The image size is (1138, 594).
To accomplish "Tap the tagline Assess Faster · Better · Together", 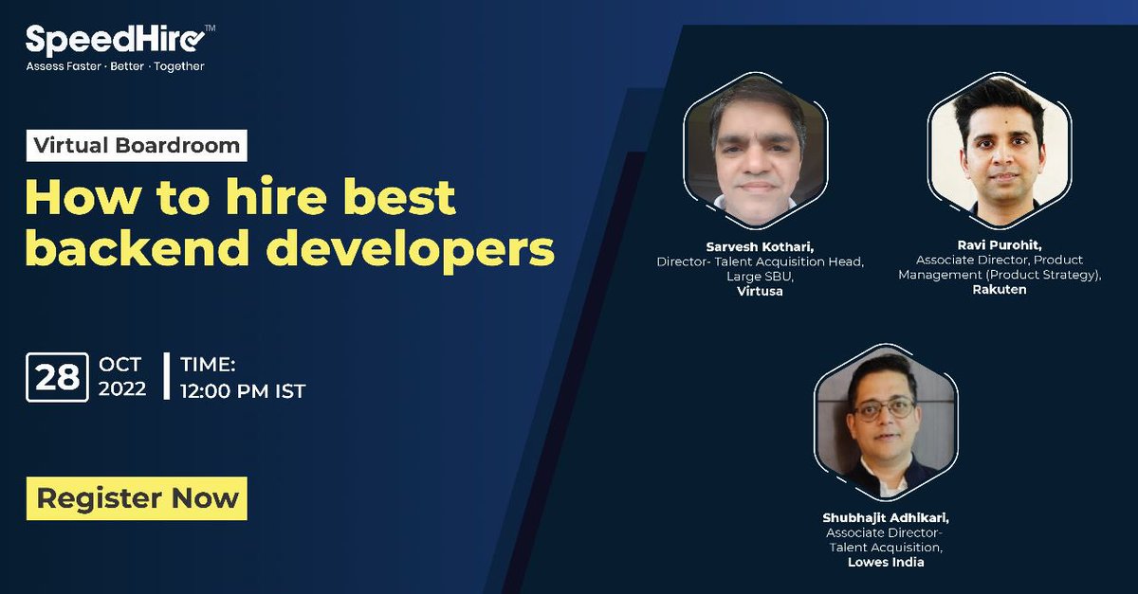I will coord(115,66).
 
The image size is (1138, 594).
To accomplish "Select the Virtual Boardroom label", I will coord(137,145).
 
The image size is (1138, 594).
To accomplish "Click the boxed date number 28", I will coord(58,377).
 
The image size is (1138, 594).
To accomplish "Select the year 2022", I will coord(122,388).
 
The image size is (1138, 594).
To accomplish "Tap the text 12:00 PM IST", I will coord(243,390).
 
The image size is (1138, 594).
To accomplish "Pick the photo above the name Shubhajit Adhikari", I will coord(885,422).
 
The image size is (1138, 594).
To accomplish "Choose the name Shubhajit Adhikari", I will coord(886,517).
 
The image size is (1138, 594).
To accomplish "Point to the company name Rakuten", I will coord(999,289).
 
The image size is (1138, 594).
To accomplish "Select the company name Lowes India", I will coord(886,562).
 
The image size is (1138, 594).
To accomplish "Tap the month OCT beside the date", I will coord(119,365).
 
